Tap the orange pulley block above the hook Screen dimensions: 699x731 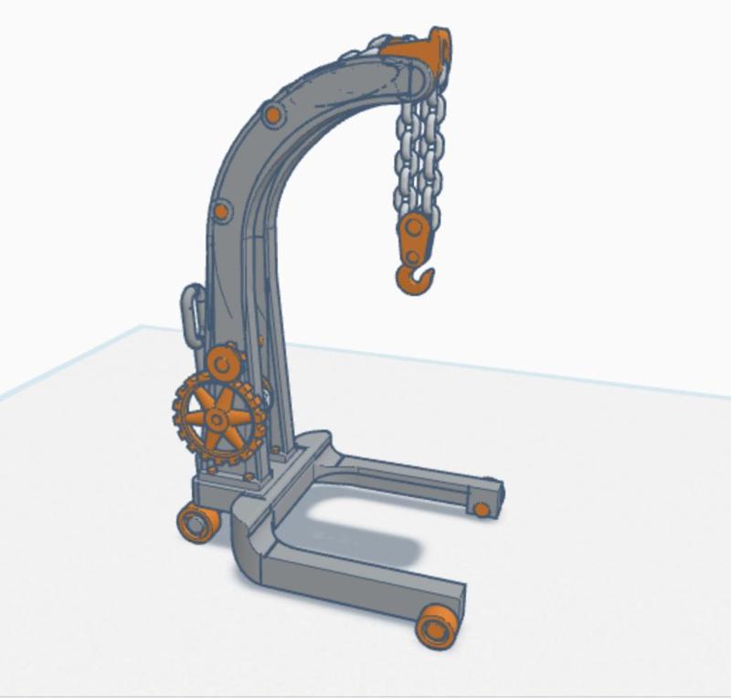click(413, 238)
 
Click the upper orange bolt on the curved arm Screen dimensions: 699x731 click(271, 116)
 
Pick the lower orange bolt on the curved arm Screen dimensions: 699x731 click(221, 212)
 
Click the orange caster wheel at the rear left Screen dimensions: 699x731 click(196, 523)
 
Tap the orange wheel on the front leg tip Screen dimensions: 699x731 click(437, 627)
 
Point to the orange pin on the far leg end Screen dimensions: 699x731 click(481, 509)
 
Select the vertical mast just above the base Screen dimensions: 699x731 click(274, 429)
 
